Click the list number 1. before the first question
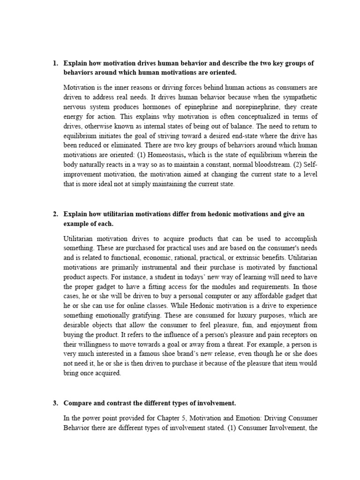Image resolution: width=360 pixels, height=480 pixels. [55, 63]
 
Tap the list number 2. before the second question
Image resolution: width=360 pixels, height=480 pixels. [55, 214]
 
